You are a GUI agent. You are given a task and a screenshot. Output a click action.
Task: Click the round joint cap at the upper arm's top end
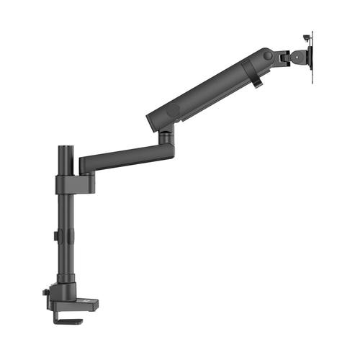tap(268, 55)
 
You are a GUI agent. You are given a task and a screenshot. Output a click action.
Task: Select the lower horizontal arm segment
tap(122, 155)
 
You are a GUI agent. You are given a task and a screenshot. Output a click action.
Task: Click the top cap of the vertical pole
tap(63, 149)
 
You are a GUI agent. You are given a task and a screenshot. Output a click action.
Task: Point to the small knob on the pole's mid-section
tap(58, 235)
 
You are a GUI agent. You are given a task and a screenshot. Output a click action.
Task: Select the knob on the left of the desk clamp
tap(45, 293)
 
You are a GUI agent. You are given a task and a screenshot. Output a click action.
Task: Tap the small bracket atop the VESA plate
tap(309, 35)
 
